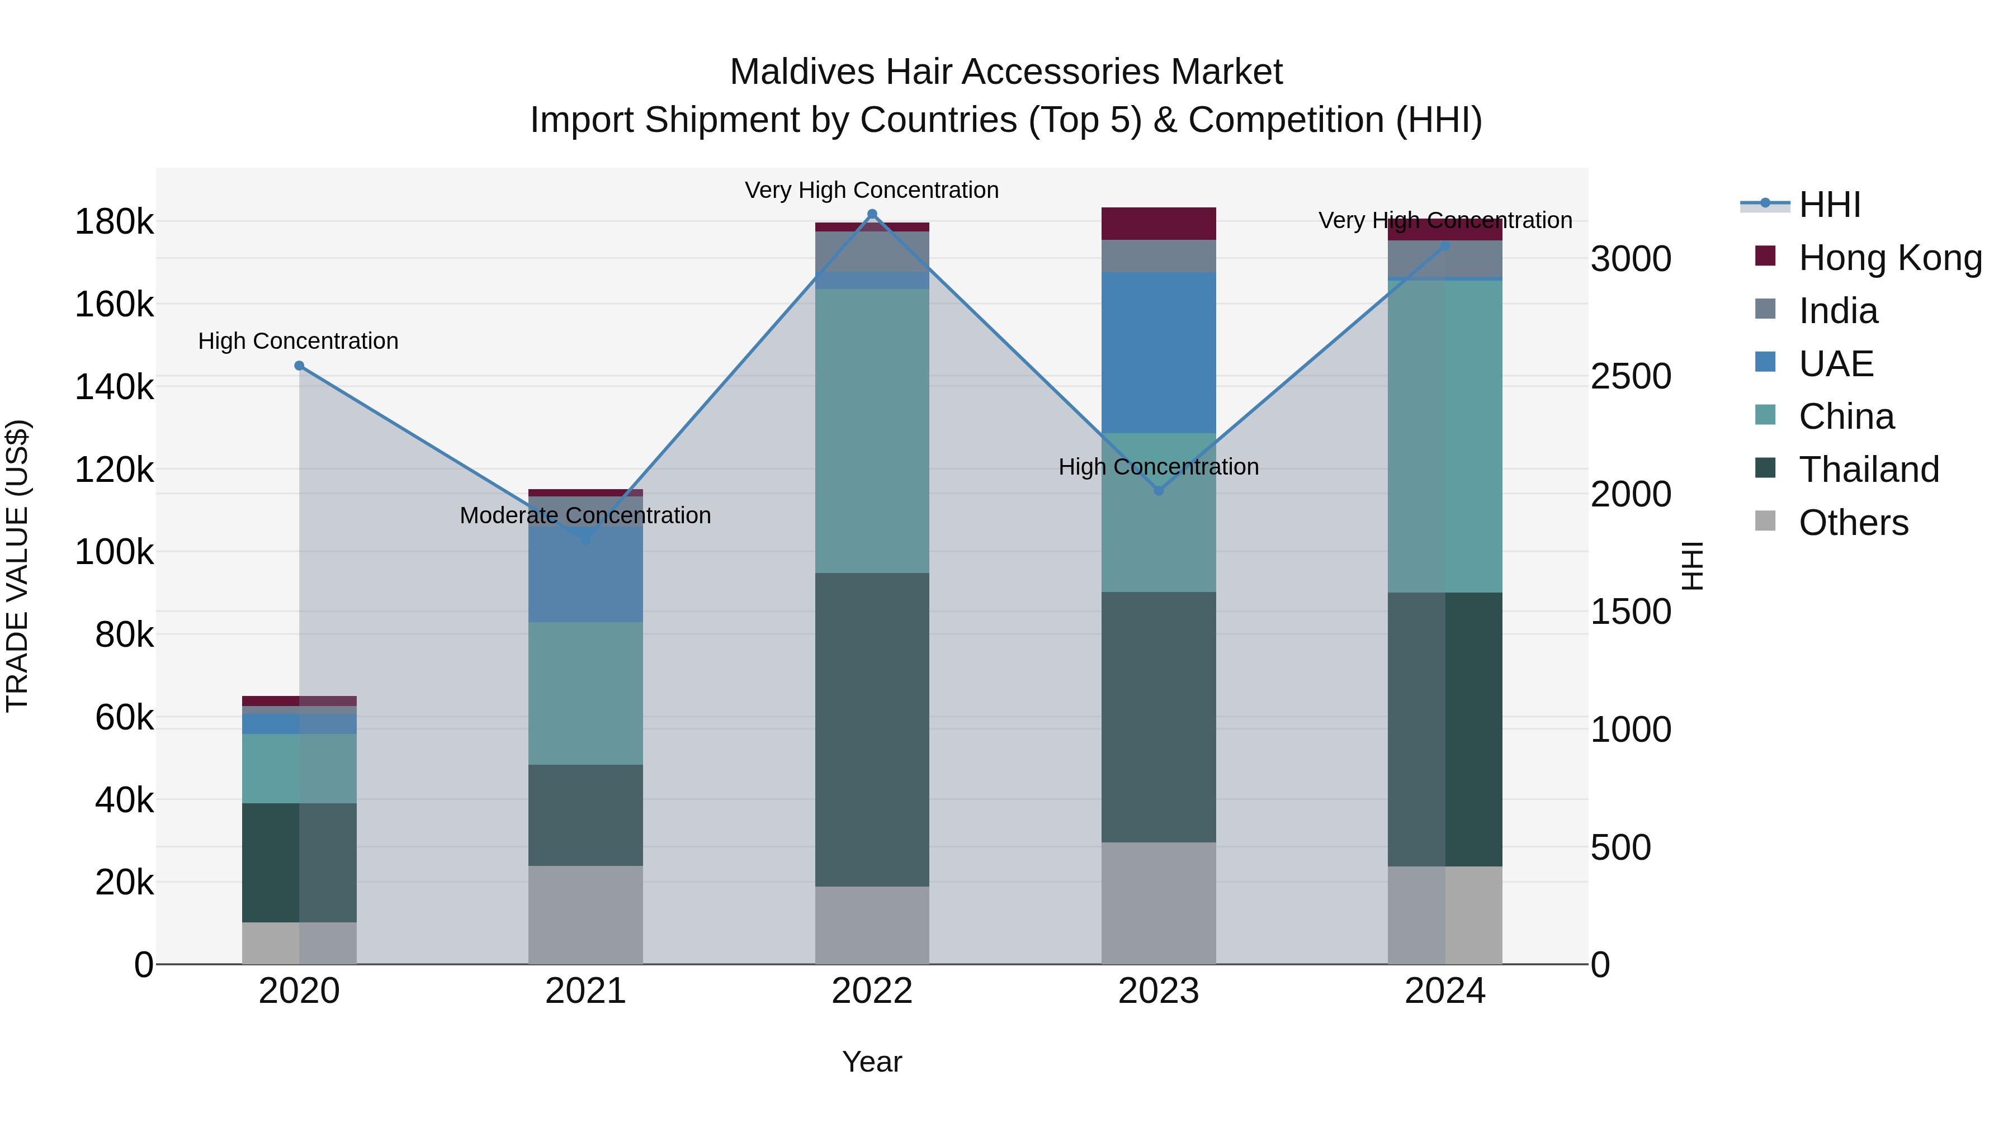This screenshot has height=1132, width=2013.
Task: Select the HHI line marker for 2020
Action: tap(299, 366)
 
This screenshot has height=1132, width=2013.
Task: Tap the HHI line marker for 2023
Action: tap(1159, 491)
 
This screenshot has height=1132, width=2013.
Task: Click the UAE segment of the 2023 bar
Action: tap(1159, 352)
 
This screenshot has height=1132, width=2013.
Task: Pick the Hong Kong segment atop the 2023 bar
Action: tap(1159, 224)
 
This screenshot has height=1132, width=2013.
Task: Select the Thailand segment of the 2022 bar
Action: tap(872, 729)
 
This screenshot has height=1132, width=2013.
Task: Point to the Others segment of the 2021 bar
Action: tap(585, 914)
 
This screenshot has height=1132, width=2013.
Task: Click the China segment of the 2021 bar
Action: tap(585, 693)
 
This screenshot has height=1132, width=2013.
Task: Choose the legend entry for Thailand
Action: tap(1868, 470)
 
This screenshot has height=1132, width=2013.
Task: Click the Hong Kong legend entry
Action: tap(1889, 258)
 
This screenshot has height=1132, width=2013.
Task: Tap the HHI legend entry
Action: tap(1828, 205)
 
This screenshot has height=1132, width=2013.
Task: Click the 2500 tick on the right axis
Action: tap(1632, 377)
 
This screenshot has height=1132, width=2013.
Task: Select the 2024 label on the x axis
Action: tap(1445, 991)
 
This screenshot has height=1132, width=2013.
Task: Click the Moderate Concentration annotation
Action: tap(585, 515)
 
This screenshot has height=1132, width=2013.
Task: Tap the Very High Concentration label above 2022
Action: tap(872, 190)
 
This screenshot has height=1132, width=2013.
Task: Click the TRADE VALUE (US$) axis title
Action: tap(17, 566)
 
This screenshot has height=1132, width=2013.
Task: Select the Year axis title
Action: tap(872, 1062)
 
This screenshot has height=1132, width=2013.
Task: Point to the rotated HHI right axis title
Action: tap(1693, 566)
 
